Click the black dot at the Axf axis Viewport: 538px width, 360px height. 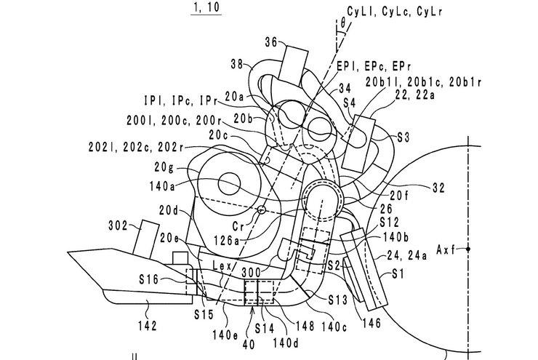pyautogui.click(x=469, y=248)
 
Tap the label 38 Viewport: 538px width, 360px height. pyautogui.click(x=236, y=63)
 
